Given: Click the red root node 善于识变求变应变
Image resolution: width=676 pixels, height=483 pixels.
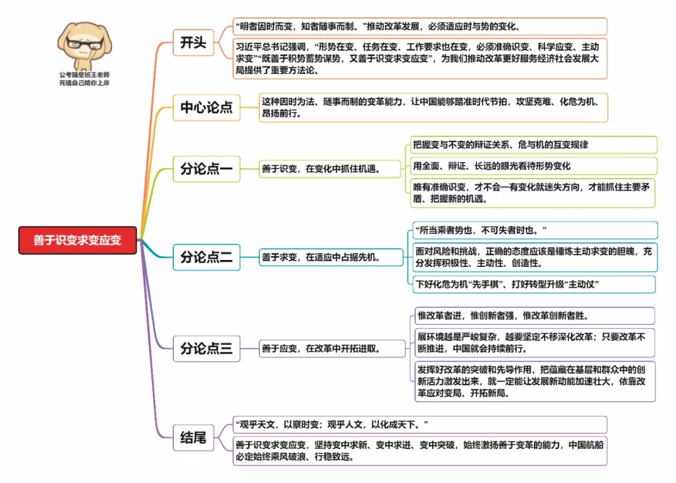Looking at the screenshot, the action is pos(78,241).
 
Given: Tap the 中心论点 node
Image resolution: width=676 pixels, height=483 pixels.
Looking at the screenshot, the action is pos(206,107).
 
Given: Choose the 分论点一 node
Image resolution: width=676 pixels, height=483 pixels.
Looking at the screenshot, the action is pos(206,169).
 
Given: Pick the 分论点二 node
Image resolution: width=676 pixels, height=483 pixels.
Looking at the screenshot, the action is pos(206,256).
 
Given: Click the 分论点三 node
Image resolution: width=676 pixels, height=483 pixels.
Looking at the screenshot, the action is pos(206,348).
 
